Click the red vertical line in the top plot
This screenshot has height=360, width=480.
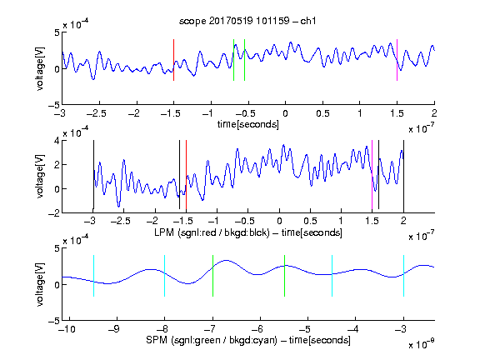pyautogui.click(x=173, y=60)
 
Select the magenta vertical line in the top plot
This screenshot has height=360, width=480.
pyautogui.click(x=397, y=60)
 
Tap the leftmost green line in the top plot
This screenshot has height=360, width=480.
pyautogui.click(x=233, y=60)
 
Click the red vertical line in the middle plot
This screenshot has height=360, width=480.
pyautogui.click(x=186, y=175)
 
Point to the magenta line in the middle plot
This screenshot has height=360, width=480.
pyautogui.click(x=372, y=175)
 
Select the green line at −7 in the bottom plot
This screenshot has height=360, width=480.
pyautogui.click(x=212, y=276)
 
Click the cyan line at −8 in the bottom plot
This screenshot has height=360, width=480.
pyautogui.click(x=165, y=276)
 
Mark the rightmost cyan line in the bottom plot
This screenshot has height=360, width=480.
pyautogui.click(x=404, y=276)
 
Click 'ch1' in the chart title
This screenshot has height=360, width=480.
pyautogui.click(x=308, y=21)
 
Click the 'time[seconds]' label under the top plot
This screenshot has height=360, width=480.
pyautogui.click(x=248, y=124)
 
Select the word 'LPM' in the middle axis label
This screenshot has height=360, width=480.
pyautogui.click(x=164, y=232)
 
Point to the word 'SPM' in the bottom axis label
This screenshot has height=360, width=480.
pyautogui.click(x=157, y=340)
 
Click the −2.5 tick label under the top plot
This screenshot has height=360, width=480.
pyautogui.click(x=96, y=113)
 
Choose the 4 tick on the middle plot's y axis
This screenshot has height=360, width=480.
pyautogui.click(x=57, y=141)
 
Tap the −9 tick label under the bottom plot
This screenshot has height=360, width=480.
pyautogui.click(x=114, y=329)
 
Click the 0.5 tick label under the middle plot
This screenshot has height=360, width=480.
pyautogui.click(x=310, y=221)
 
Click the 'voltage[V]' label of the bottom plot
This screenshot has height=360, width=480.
pyautogui.click(x=40, y=284)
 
